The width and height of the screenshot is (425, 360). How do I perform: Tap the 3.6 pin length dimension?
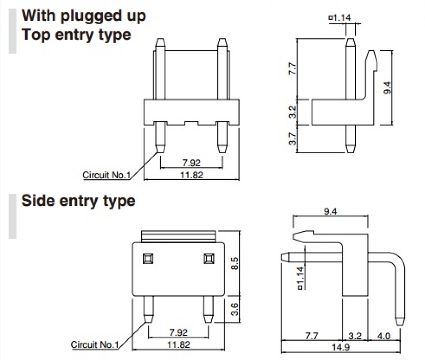point(233,309)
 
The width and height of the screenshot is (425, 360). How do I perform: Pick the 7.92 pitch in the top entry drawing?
point(191,162)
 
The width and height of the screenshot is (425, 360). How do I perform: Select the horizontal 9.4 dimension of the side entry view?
point(331,211)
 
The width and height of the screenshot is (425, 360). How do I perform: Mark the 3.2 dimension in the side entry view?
point(354,336)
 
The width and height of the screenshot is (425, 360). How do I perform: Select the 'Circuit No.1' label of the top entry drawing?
point(107,175)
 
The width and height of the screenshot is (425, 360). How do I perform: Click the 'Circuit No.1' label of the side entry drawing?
point(95,344)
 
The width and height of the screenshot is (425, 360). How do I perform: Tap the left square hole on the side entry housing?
point(148,258)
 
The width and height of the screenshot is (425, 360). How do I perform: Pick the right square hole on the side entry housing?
point(208,258)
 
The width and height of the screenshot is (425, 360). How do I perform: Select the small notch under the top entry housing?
point(191,124)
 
